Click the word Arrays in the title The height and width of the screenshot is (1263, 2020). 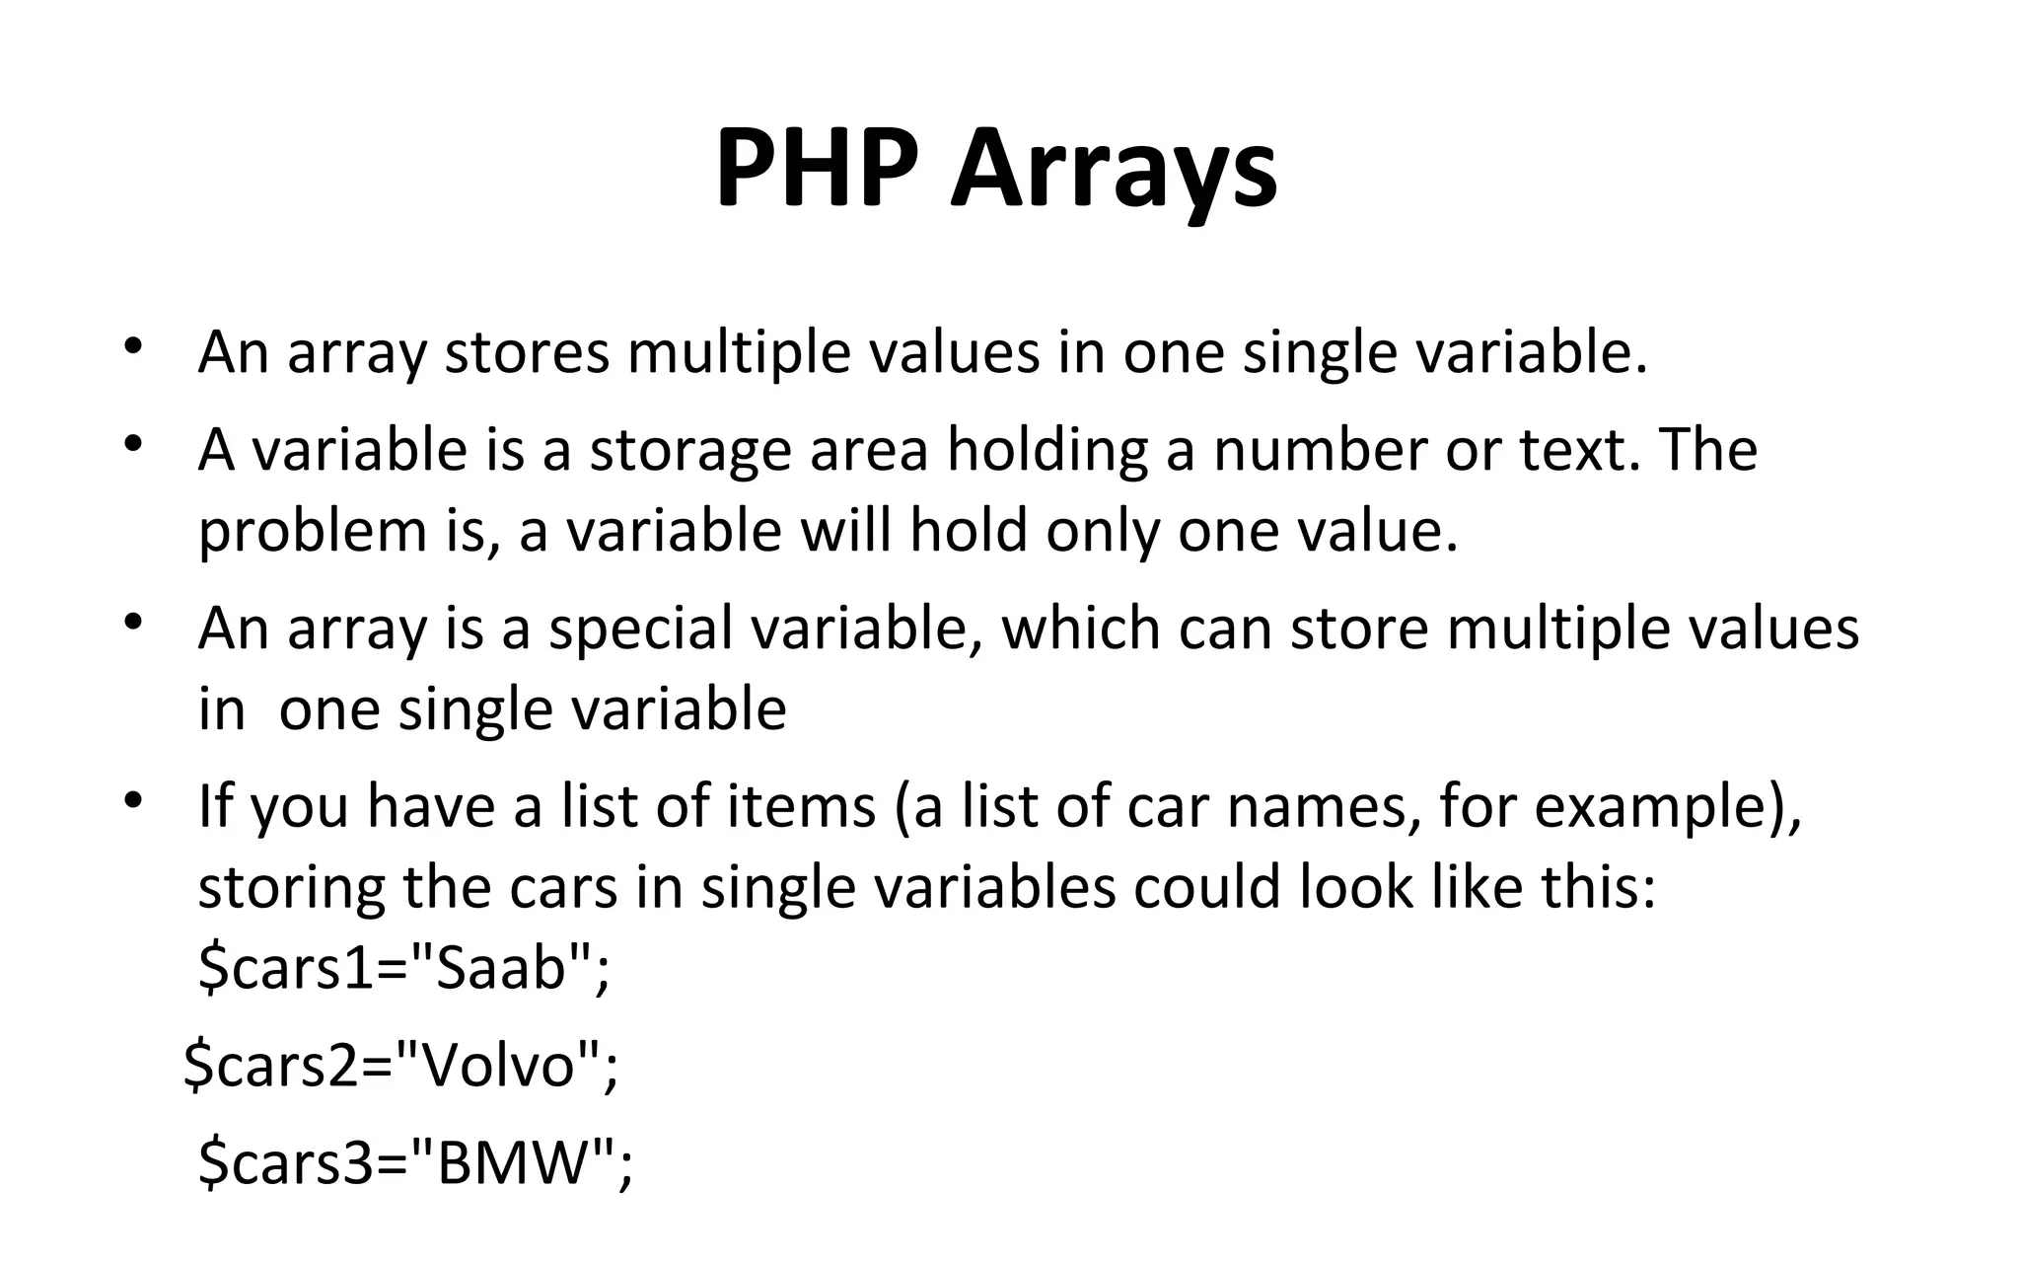coord(1114,170)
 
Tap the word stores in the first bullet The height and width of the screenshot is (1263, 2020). coord(527,352)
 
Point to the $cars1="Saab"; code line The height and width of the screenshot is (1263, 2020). coord(404,967)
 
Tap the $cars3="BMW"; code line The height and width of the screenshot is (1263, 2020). coord(415,1162)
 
